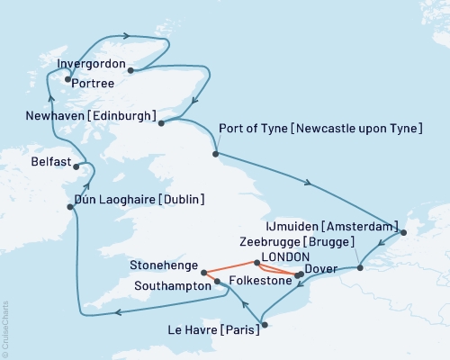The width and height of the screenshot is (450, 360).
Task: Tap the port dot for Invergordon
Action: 131,69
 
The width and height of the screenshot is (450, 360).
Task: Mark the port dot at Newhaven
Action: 161,122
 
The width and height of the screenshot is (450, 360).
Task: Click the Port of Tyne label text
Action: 320,130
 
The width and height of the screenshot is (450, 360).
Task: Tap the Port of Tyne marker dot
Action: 215,154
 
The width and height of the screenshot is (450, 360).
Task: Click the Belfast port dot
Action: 78,166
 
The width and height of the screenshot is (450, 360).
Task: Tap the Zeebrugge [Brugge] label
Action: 298,242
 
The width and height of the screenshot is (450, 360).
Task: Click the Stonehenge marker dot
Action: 204,272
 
